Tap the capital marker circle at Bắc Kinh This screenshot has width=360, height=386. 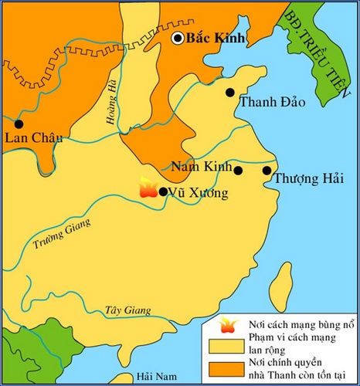tap(179, 38)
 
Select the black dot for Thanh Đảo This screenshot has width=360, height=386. tap(229, 93)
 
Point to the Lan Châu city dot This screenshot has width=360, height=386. tap(19, 124)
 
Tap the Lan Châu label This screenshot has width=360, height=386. tap(32, 139)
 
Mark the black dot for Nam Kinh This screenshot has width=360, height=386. tap(238, 171)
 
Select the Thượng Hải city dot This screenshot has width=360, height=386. tap(267, 171)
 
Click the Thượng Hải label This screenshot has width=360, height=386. tap(302, 179)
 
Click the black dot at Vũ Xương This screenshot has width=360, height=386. tap(163, 191)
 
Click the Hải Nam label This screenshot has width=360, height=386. tap(153, 376)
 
